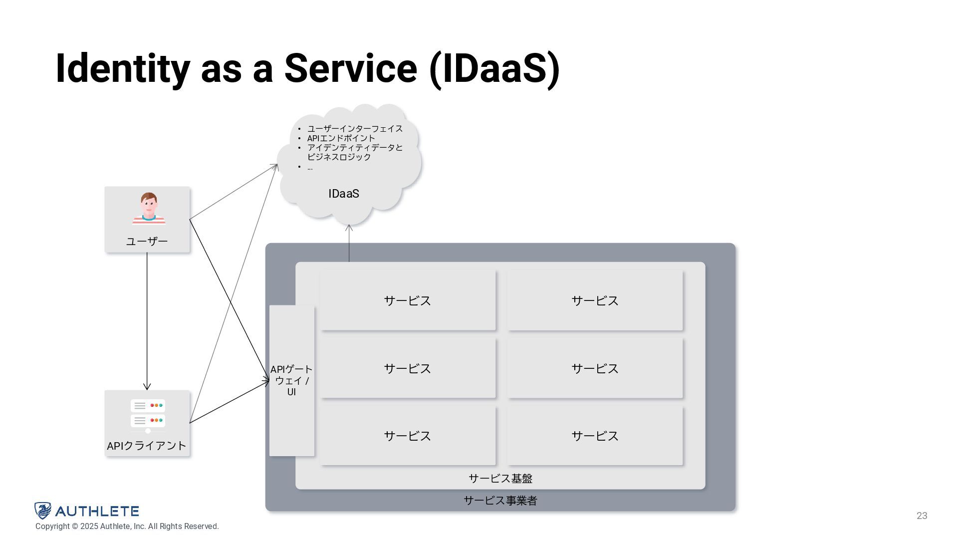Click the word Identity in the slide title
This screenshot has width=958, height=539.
coord(122,69)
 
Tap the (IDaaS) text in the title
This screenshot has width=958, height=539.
coord(494,69)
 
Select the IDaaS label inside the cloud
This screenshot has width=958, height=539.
coord(344,194)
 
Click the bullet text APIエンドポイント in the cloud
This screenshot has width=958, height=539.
coord(341,138)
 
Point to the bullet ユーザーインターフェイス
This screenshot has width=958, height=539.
coord(355,129)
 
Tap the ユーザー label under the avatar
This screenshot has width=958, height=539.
coord(147,242)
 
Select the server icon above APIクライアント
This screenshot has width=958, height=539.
coord(148,414)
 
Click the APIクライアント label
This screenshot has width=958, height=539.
coord(147,446)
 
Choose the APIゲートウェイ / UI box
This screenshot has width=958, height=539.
coord(292,380)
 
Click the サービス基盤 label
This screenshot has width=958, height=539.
coord(500,479)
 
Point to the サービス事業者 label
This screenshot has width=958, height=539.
coord(500,501)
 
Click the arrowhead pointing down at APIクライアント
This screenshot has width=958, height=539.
coord(147,387)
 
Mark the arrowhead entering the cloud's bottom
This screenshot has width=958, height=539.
coord(349,228)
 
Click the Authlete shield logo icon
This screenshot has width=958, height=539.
coord(43,511)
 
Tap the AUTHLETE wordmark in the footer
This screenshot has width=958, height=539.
coord(97,511)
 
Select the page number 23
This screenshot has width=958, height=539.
coord(922,516)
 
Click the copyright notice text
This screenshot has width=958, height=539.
coord(127,527)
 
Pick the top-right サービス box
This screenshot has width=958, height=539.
coord(595,300)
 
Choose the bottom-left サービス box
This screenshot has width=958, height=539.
coord(408,436)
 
